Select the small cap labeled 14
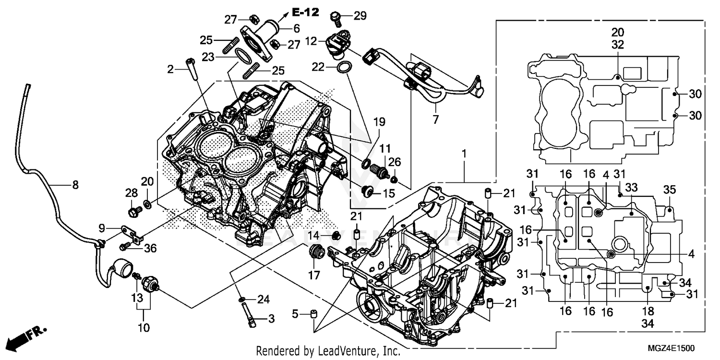pyautogui.click(x=337, y=235)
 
